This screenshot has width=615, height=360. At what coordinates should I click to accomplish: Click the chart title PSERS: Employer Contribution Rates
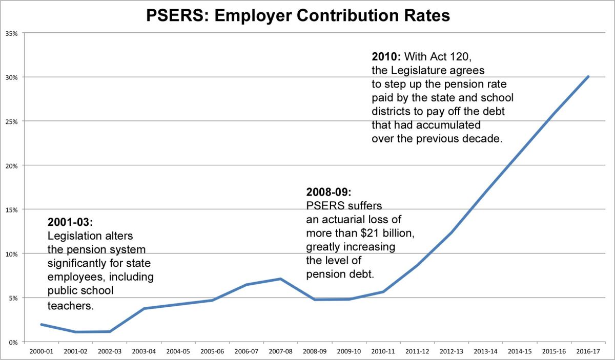pos(298,16)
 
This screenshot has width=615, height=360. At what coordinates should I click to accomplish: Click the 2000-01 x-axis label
pos(40,352)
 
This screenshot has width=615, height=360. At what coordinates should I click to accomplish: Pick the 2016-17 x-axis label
pos(588,352)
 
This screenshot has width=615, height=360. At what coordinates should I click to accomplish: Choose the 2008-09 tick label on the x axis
pos(314,352)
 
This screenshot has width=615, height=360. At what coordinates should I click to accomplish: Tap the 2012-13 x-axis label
pos(451,352)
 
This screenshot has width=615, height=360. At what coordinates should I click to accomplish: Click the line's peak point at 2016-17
pos(588,77)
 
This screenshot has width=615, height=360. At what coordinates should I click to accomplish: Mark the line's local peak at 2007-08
pos(280,279)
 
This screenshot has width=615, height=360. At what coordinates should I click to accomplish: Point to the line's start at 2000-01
pos(40,324)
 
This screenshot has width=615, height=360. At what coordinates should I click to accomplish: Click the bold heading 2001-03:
pos(70,223)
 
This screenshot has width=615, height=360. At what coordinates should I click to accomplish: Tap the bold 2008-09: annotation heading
pos(329,193)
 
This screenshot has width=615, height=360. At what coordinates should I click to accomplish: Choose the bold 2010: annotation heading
pos(386,55)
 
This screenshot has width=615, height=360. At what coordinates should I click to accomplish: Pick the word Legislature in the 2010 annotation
pos(431,69)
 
